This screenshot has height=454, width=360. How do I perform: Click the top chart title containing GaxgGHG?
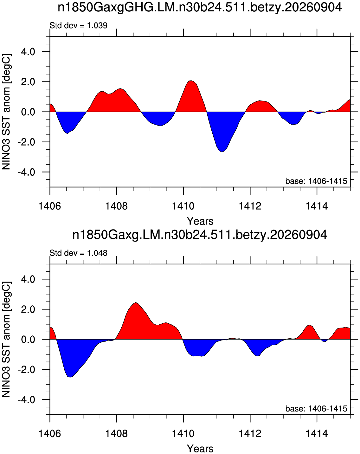(200, 8)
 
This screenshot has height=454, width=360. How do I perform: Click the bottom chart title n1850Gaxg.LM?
(200, 235)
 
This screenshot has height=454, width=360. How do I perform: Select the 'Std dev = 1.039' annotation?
(79, 26)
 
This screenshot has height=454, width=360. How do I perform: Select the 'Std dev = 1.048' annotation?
(79, 253)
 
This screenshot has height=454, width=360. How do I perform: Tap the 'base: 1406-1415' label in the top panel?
(316, 181)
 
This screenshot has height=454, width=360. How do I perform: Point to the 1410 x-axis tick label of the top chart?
(183, 206)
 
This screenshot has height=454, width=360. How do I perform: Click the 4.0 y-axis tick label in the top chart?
(28, 52)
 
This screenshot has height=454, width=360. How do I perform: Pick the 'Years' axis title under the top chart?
(200, 221)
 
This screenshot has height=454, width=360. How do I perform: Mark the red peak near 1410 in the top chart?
(191, 81)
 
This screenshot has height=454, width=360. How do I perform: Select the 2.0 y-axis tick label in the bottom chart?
(28, 309)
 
